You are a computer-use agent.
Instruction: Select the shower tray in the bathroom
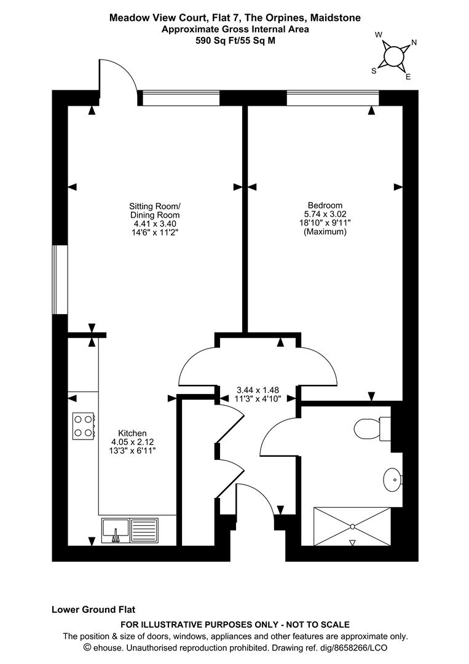tap(352, 526)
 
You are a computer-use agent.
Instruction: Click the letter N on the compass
tap(414, 42)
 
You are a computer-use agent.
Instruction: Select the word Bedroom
tap(325, 205)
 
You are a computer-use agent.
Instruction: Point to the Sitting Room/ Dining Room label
tap(155, 210)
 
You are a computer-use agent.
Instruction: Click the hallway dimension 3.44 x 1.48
tap(258, 390)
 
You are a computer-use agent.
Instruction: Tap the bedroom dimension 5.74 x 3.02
tap(325, 214)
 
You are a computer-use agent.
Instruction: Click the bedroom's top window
tap(333, 98)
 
